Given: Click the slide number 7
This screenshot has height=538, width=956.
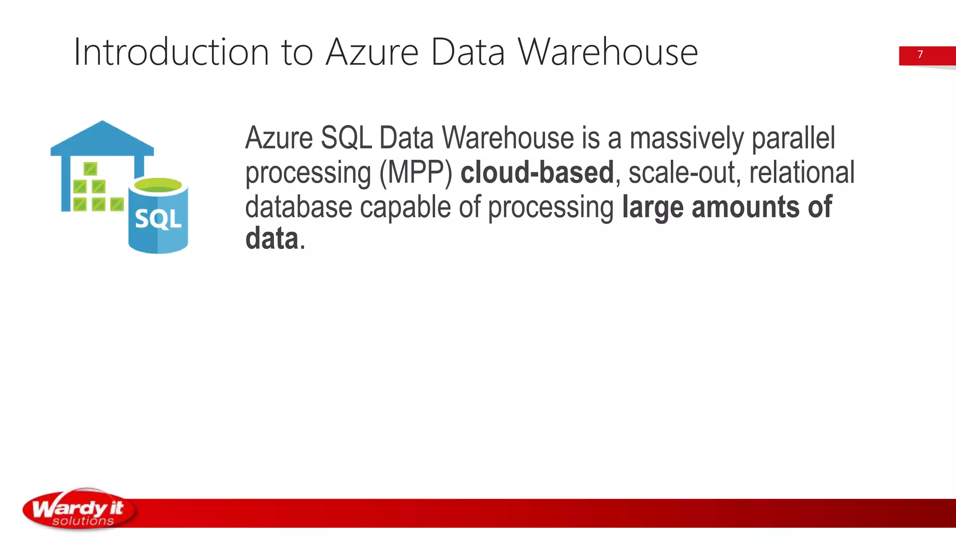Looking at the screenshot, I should pos(920,55).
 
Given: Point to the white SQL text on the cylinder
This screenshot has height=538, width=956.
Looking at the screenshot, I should pos(158,219).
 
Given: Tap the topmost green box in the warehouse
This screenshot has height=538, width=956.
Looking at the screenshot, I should pos(90,169).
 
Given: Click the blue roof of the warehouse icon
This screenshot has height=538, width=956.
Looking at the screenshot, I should pos(102,138).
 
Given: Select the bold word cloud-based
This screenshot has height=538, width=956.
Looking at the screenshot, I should pos(537,172).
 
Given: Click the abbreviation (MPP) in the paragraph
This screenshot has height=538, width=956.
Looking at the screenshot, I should pos(415,173).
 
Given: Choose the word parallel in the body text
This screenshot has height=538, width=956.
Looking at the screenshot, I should pos(793,138).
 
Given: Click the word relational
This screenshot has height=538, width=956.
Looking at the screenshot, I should pos(801,172).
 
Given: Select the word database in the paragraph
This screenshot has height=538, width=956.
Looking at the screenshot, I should pos(298,207).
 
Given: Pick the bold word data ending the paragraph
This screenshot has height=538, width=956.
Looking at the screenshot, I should pos(272,239).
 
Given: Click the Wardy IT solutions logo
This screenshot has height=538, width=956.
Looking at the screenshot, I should pos(79,510).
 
